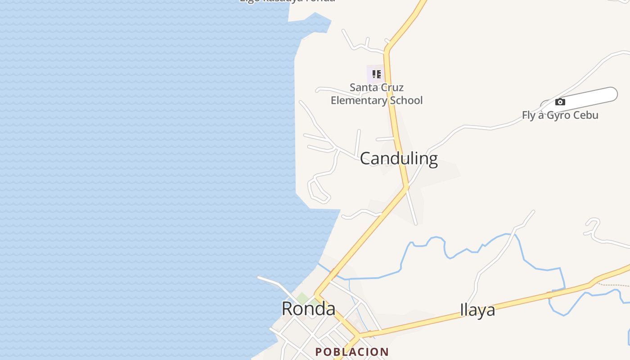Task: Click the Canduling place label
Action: pos(399,159)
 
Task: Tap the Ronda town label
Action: pos(308,309)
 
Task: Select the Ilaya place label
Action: pos(477,310)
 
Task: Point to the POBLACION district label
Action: pos(352,352)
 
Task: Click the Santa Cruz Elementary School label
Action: pos(377,94)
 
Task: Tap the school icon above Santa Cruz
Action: pos(376,74)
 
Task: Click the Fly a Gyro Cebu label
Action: pos(560,115)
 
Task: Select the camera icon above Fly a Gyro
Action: pos(560,102)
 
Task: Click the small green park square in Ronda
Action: pos(302,298)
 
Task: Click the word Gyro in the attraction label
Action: pos(560,115)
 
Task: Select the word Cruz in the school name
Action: pos(391,87)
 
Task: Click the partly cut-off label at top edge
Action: pos(287,1)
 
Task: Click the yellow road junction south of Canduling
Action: pos(406,187)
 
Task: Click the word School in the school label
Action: pos(405,100)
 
